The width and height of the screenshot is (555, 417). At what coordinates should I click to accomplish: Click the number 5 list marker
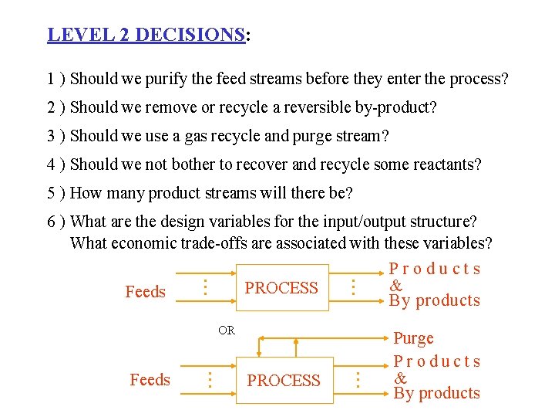pyautogui.click(x=51, y=193)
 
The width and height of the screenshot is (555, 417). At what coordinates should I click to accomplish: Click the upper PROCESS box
pyautogui.click(x=281, y=288)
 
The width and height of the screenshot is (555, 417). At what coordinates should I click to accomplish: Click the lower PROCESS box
pyautogui.click(x=283, y=380)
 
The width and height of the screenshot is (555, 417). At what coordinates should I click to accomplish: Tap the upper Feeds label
pyautogui.click(x=145, y=292)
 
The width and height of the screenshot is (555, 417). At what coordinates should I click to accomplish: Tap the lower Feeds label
pyautogui.click(x=150, y=380)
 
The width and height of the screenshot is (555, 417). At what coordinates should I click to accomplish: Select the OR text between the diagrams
pyautogui.click(x=226, y=331)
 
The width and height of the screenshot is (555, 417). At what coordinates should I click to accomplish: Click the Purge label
pyautogui.click(x=414, y=338)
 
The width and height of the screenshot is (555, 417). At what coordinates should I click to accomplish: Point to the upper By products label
pyautogui.click(x=435, y=301)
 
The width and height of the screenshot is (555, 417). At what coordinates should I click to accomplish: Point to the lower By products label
pyautogui.click(x=436, y=393)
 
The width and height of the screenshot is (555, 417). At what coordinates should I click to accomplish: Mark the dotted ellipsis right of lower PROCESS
pyautogui.click(x=357, y=379)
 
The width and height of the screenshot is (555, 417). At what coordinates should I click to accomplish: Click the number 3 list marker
pyautogui.click(x=51, y=136)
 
